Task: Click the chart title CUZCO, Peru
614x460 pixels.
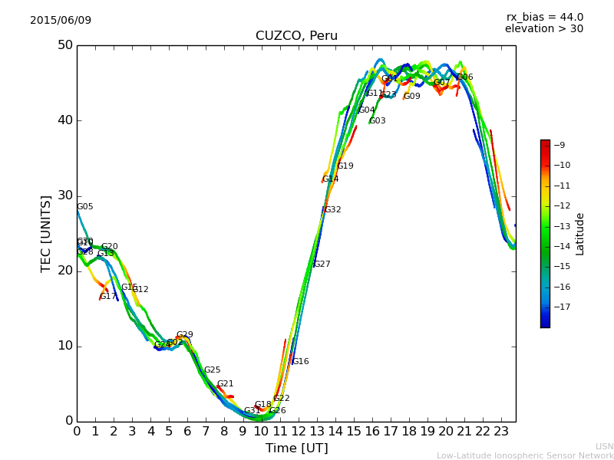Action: pyautogui.click(x=296, y=36)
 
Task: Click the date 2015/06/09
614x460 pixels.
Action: pyautogui.click(x=61, y=21)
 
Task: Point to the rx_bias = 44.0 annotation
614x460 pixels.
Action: pyautogui.click(x=544, y=18)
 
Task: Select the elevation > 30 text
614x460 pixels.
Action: pyautogui.click(x=544, y=29)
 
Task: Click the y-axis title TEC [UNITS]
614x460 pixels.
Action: pyautogui.click(x=46, y=233)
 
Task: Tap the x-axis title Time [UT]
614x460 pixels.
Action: pyautogui.click(x=296, y=449)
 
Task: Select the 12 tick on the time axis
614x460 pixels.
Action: pyautogui.click(x=298, y=432)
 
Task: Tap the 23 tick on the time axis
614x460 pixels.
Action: pyautogui.click(x=501, y=432)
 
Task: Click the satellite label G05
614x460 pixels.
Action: pyautogui.click(x=85, y=207)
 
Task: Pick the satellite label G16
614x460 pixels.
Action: pyautogui.click(x=301, y=362)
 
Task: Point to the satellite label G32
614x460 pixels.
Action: pyautogui.click(x=333, y=210)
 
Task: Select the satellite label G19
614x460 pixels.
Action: pyautogui.click(x=345, y=166)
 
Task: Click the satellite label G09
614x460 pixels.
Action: pyautogui.click(x=412, y=97)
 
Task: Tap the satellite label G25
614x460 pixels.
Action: pyautogui.click(x=213, y=370)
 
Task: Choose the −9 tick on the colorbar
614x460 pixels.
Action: pyautogui.click(x=561, y=145)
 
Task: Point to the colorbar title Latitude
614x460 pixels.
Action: pyautogui.click(x=580, y=234)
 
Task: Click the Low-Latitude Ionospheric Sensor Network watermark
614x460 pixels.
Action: pyautogui.click(x=525, y=456)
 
